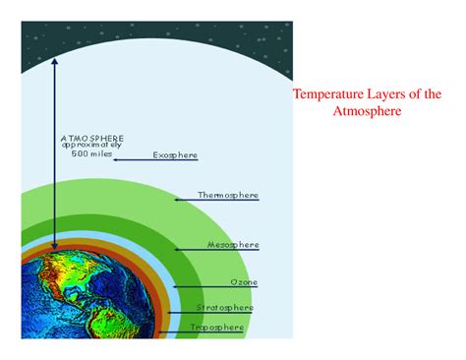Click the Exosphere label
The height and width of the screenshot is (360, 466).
tap(174, 154)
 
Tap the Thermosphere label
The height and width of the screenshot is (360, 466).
tap(228, 195)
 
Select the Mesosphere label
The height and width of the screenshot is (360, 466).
tap(233, 243)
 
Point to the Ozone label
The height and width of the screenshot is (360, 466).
tap(244, 282)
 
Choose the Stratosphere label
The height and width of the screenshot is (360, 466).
tap(225, 307)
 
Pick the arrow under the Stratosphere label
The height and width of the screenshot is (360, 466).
tap(211, 313)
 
